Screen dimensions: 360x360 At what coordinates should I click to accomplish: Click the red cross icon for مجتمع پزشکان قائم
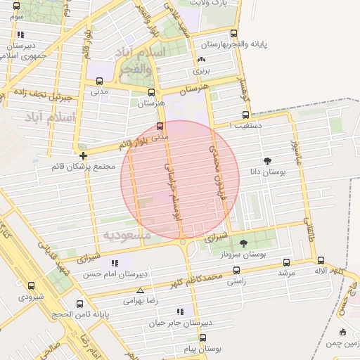[84, 155]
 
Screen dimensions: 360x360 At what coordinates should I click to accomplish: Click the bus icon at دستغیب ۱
[245, 115]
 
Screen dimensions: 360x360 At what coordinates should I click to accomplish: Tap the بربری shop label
[202, 70]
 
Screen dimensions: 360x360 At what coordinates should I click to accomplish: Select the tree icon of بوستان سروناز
[243, 243]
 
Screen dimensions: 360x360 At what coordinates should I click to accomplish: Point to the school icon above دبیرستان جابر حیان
[181, 311]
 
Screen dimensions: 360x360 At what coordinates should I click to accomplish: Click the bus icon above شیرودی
[31, 285]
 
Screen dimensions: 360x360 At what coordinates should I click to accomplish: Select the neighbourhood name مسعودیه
[127, 236]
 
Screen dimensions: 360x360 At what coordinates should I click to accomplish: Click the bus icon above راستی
[236, 269]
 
